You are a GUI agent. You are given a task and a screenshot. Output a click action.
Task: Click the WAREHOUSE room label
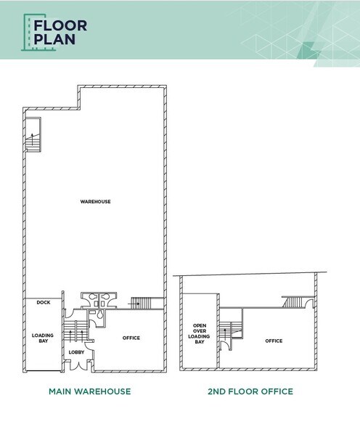click(x=95, y=201)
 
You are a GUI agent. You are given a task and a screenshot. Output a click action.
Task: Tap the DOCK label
click(x=43, y=302)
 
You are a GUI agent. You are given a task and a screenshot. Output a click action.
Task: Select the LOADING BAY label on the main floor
click(x=43, y=338)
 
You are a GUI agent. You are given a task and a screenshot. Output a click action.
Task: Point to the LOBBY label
click(x=76, y=353)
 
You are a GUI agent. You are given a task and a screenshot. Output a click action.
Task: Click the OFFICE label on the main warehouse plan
click(x=131, y=338)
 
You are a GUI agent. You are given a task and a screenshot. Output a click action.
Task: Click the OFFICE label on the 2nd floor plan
click(x=274, y=341)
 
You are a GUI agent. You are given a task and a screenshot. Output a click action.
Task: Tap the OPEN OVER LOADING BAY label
click(x=200, y=333)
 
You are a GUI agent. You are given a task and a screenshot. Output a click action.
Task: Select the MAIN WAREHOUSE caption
click(x=89, y=391)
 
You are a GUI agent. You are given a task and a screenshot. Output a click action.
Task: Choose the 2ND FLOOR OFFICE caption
click(x=250, y=391)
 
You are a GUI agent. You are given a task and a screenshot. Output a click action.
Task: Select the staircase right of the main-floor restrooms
click(x=146, y=303)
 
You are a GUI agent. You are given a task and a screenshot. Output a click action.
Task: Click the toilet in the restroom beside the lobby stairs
click(x=94, y=314)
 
